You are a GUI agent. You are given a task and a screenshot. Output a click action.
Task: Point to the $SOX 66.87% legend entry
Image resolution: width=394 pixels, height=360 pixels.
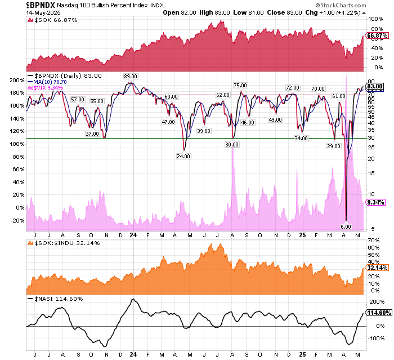pos(54,20)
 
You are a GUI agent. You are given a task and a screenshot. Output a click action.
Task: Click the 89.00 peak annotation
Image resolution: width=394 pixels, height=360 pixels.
pos(131,76)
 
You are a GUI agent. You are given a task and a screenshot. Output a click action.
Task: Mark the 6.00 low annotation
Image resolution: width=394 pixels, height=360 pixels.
pos(346,226)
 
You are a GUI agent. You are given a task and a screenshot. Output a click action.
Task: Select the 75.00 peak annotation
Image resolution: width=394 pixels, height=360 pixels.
pos(240,85)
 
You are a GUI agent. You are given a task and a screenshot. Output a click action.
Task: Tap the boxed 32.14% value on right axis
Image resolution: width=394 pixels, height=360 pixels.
pos(377,268)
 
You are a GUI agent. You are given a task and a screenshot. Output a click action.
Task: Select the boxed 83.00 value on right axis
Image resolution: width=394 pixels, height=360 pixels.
pos(375,86)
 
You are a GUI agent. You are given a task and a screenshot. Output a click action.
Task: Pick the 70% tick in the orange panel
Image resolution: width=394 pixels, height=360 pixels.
pos(372,241)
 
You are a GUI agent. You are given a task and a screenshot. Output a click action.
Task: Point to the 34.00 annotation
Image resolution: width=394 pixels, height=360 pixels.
pos(301,138)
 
